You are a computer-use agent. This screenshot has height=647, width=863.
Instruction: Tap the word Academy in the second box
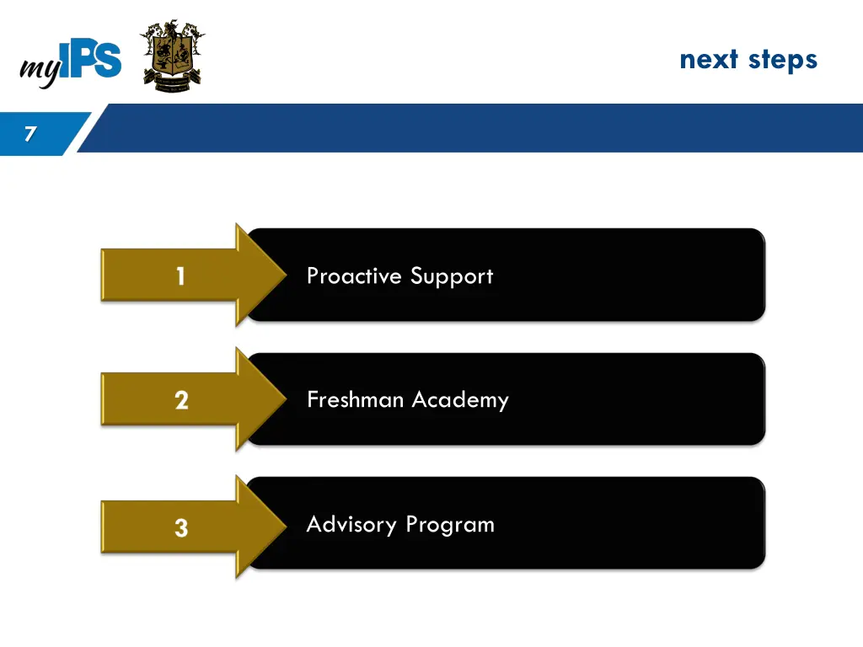pyautogui.click(x=460, y=400)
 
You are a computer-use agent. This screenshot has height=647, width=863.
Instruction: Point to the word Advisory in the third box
pyautogui.click(x=351, y=525)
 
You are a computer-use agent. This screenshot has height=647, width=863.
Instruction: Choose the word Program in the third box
pyautogui.click(x=450, y=526)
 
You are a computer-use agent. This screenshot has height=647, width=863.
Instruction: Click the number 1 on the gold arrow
pyautogui.click(x=180, y=275)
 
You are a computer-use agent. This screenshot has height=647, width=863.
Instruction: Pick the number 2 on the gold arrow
pyautogui.click(x=181, y=400)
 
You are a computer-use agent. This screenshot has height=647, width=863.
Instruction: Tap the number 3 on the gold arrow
pyautogui.click(x=181, y=528)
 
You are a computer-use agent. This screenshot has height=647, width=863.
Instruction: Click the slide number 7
pyautogui.click(x=30, y=133)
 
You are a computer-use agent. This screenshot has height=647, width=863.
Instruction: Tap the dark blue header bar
pyautogui.click(x=472, y=128)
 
